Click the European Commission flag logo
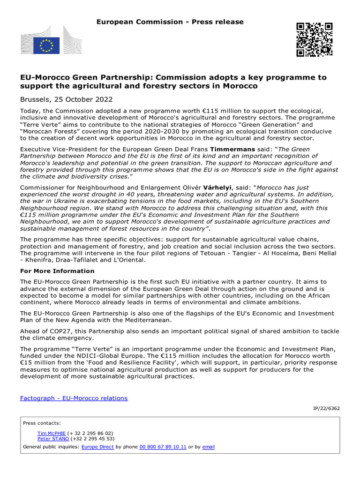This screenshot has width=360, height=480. [x=46, y=45]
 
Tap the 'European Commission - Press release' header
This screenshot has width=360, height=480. [x=170, y=22]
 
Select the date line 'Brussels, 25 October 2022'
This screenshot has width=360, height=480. [x=66, y=99]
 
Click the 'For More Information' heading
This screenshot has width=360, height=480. [x=57, y=271]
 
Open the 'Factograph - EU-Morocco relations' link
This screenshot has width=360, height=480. [x=74, y=398]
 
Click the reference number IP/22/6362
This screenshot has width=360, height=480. [x=326, y=408]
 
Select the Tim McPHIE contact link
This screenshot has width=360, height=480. [x=52, y=433]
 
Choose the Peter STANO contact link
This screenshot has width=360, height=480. [x=53, y=439]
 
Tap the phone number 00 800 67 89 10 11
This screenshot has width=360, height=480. [x=163, y=447]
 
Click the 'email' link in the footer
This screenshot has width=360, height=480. [x=208, y=447]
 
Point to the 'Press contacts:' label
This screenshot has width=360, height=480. [x=42, y=423]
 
